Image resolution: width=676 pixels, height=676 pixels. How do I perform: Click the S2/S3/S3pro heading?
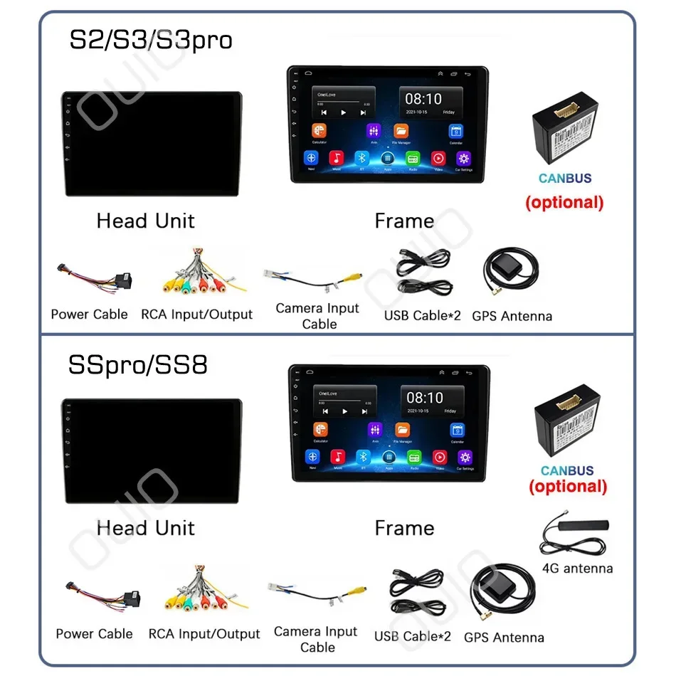[x=150, y=40]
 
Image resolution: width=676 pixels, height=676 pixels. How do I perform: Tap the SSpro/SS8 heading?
[x=138, y=365]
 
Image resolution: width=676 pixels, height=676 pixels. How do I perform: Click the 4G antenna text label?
[x=577, y=568]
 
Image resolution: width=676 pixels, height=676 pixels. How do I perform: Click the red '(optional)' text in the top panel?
[x=564, y=202]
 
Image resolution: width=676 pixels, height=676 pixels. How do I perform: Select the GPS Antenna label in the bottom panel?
[x=504, y=638]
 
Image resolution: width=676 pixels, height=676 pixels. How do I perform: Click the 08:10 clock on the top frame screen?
[x=423, y=99]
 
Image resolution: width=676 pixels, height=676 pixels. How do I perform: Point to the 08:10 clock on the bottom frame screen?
[x=425, y=398]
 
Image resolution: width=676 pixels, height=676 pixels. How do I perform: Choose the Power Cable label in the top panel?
[x=90, y=314]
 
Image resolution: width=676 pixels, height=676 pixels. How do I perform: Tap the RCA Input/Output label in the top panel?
[x=196, y=314]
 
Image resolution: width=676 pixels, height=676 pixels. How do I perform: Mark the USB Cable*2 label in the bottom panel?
[x=417, y=635]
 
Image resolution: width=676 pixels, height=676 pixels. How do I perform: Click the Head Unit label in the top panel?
[x=145, y=221]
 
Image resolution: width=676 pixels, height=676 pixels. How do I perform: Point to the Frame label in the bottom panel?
[x=404, y=528]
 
